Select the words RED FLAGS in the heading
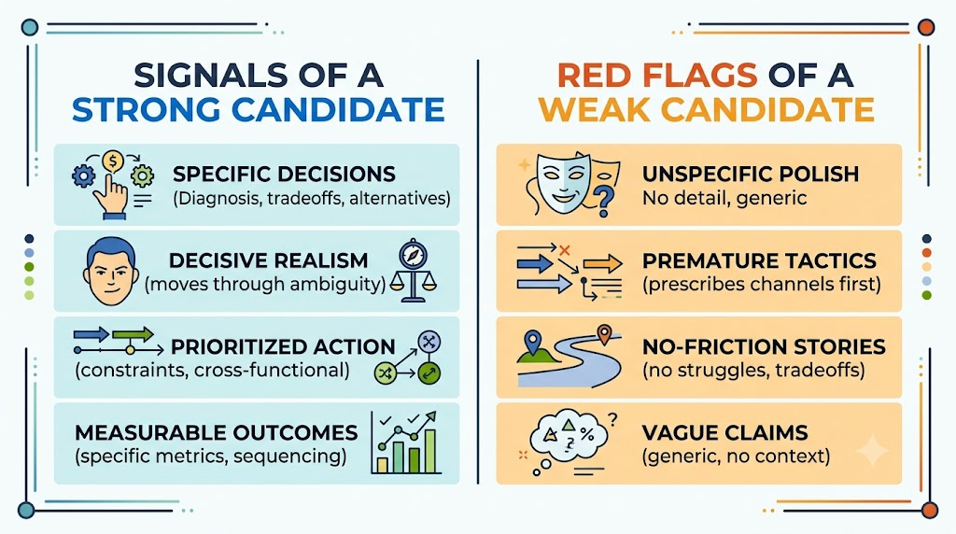click(657, 76)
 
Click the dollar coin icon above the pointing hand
click(113, 162)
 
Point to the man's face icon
click(110, 272)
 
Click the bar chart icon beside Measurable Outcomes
click(406, 442)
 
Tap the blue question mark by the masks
click(604, 201)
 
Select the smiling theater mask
click(564, 182)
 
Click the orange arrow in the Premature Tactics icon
click(602, 264)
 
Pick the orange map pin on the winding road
click(604, 334)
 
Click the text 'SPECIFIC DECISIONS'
click(284, 175)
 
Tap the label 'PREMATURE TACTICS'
click(759, 260)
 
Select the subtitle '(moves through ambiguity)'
click(265, 284)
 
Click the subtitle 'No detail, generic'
click(724, 198)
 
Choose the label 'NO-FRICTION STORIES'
click(764, 347)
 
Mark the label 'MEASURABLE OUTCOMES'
click(217, 433)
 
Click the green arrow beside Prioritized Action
click(133, 334)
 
